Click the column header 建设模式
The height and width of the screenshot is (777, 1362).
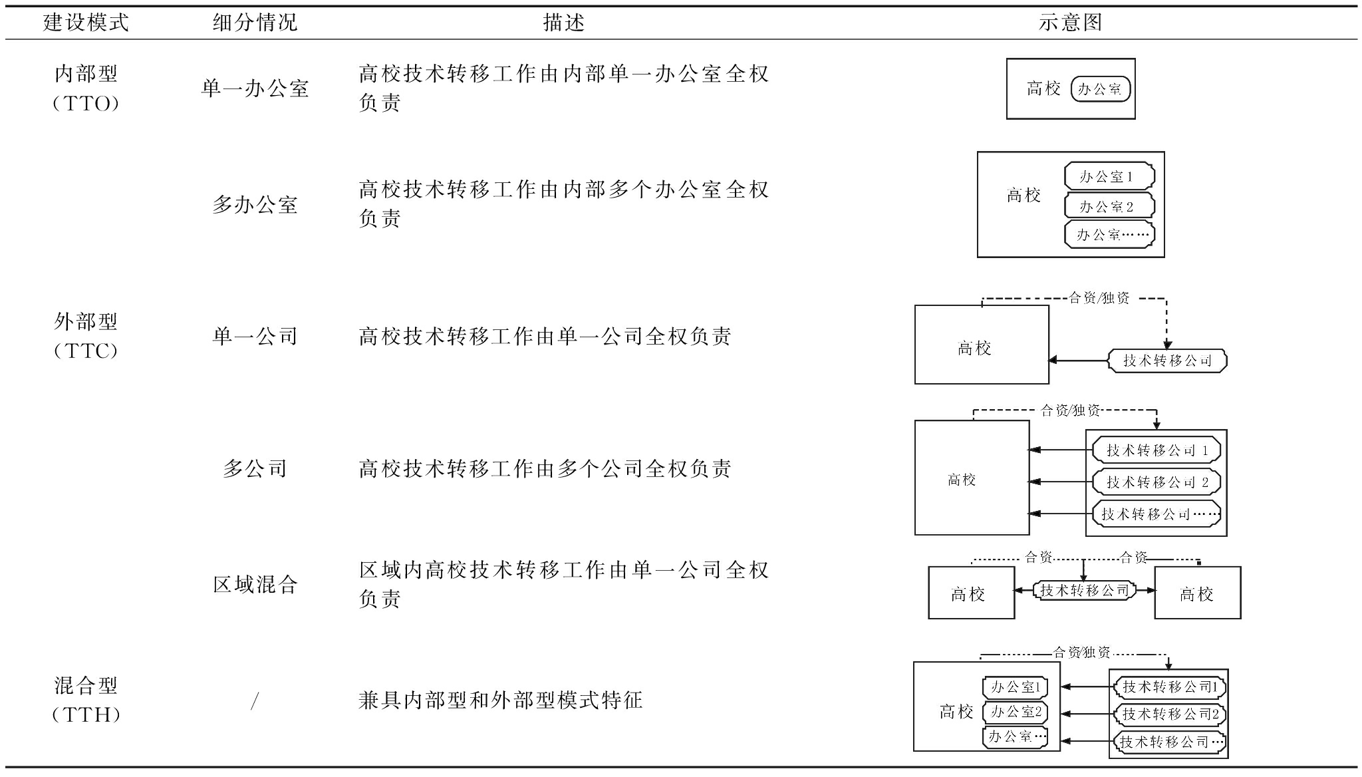pos(86,23)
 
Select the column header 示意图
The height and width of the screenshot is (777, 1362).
pos(1070,23)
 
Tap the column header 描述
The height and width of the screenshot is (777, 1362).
pos(563,23)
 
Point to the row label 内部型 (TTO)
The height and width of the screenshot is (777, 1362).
pos(86,88)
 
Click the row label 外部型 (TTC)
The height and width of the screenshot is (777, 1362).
pos(86,336)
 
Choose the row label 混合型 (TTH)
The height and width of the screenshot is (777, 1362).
pos(86,700)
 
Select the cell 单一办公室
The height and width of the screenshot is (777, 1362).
pos(255,88)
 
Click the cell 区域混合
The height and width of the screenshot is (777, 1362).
pos(255,585)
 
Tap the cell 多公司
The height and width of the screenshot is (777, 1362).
pos(255,469)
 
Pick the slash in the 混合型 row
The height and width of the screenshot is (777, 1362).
pos(255,700)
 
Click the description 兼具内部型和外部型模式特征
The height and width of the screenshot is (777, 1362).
pos(500,700)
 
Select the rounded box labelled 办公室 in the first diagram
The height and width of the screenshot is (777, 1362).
pos(1101,89)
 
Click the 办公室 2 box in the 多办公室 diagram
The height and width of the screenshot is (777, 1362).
pos(1109,206)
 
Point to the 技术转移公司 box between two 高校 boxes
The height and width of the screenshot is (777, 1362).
pos(1085,590)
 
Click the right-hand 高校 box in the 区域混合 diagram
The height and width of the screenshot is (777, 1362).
pos(1198,593)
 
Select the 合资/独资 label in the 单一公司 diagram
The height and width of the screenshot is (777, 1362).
pos(1099,298)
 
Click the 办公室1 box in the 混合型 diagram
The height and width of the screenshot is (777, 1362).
pos(1015,687)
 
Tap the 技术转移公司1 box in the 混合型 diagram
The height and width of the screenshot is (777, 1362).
pos(1170,687)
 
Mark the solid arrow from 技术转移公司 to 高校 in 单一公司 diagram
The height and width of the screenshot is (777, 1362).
pos(1079,361)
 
